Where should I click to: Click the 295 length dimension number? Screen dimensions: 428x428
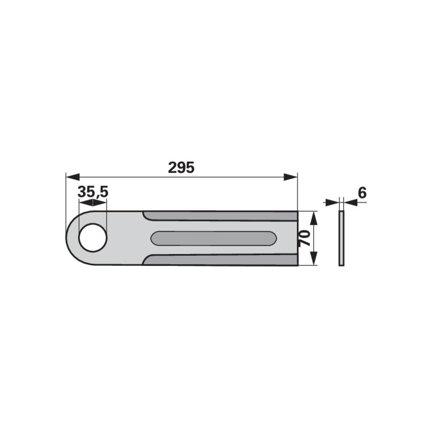[181, 167]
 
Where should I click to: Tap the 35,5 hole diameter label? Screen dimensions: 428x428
[93, 192]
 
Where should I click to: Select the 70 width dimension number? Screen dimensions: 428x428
[304, 238]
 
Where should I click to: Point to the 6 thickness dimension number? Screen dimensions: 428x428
[362, 193]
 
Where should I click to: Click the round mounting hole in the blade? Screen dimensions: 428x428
[93, 238]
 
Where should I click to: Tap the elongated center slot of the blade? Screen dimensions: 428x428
[213, 238]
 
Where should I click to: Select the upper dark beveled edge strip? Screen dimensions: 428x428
[220, 216]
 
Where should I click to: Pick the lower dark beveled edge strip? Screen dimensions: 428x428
[220, 260]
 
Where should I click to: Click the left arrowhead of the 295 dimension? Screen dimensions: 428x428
[73, 177]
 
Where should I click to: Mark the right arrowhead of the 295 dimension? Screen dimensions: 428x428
[291, 177]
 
